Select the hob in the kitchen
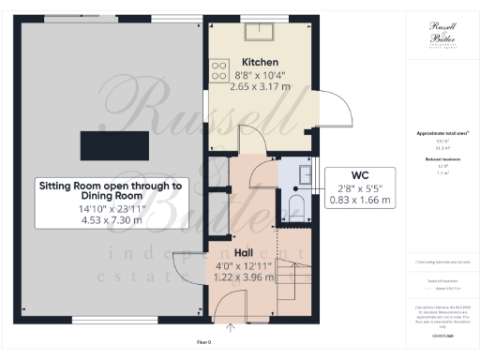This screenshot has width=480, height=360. tap(220, 69)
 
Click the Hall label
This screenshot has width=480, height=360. tap(243, 252)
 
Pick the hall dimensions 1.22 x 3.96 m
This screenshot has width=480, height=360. tap(243, 279)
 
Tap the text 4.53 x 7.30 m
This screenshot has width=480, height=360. tap(111, 221)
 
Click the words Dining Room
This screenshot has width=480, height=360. tap(111, 199)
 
